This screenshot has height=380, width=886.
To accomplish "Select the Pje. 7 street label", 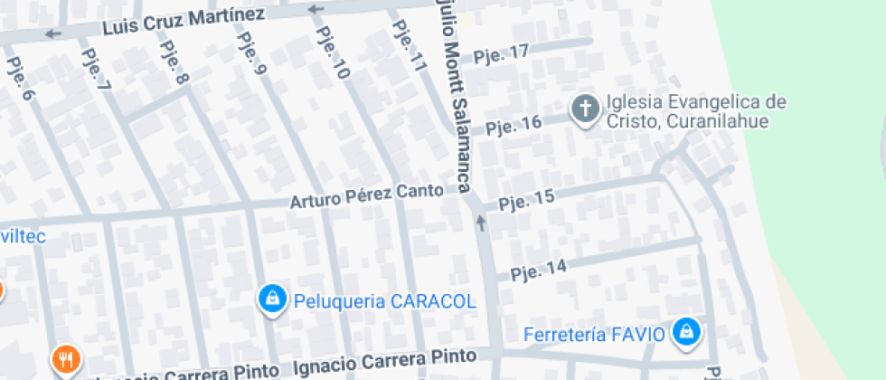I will pyautogui.click(x=96, y=69).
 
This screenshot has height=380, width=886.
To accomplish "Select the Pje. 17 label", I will pyautogui.click(x=501, y=53).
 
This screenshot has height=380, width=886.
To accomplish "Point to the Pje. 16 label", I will pyautogui.click(x=514, y=124).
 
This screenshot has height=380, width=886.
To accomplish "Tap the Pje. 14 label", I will pyautogui.click(x=538, y=269).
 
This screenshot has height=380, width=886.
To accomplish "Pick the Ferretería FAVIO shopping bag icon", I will pyautogui.click(x=687, y=332).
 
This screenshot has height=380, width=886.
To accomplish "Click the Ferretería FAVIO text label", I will pyautogui.click(x=595, y=335).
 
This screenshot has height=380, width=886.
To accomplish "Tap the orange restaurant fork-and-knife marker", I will pyautogui.click(x=65, y=360).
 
